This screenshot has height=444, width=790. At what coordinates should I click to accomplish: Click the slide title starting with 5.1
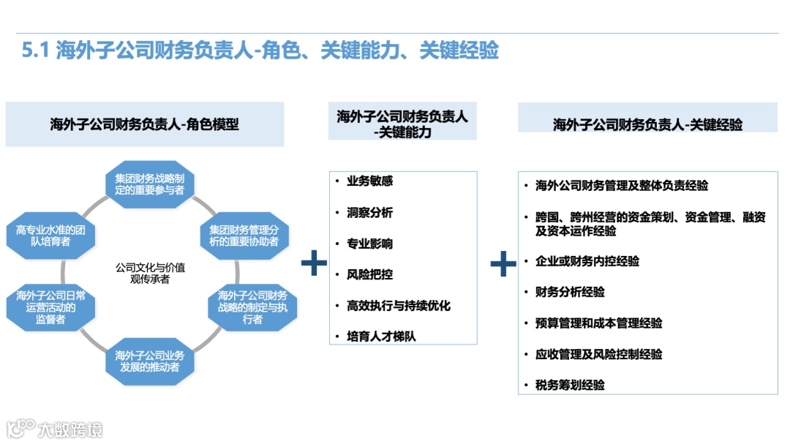tap(260, 51)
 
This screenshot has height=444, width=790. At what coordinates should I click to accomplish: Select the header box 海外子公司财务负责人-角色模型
tap(144, 124)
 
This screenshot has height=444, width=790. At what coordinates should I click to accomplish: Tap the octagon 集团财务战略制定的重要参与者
tap(150, 184)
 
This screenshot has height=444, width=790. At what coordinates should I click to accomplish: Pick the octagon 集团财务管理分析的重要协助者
tap(244, 236)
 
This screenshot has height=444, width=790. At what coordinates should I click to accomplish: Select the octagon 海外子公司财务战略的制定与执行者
tap(252, 307)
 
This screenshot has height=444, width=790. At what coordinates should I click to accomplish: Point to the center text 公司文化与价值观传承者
tap(150, 273)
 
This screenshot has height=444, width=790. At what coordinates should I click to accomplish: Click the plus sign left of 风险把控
tap(314, 263)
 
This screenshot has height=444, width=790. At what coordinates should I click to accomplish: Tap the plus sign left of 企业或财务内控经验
tap(503, 263)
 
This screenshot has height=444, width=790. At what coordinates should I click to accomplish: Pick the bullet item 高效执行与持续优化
tap(399, 306)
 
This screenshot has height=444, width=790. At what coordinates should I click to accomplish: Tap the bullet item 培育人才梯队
tap(381, 336)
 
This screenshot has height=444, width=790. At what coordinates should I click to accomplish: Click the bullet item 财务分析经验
tap(570, 292)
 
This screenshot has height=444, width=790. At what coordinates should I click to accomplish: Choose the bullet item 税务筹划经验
tap(570, 385)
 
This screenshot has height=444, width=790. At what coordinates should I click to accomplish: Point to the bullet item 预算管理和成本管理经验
tap(598, 323)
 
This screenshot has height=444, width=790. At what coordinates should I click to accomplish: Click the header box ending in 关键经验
tap(647, 124)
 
